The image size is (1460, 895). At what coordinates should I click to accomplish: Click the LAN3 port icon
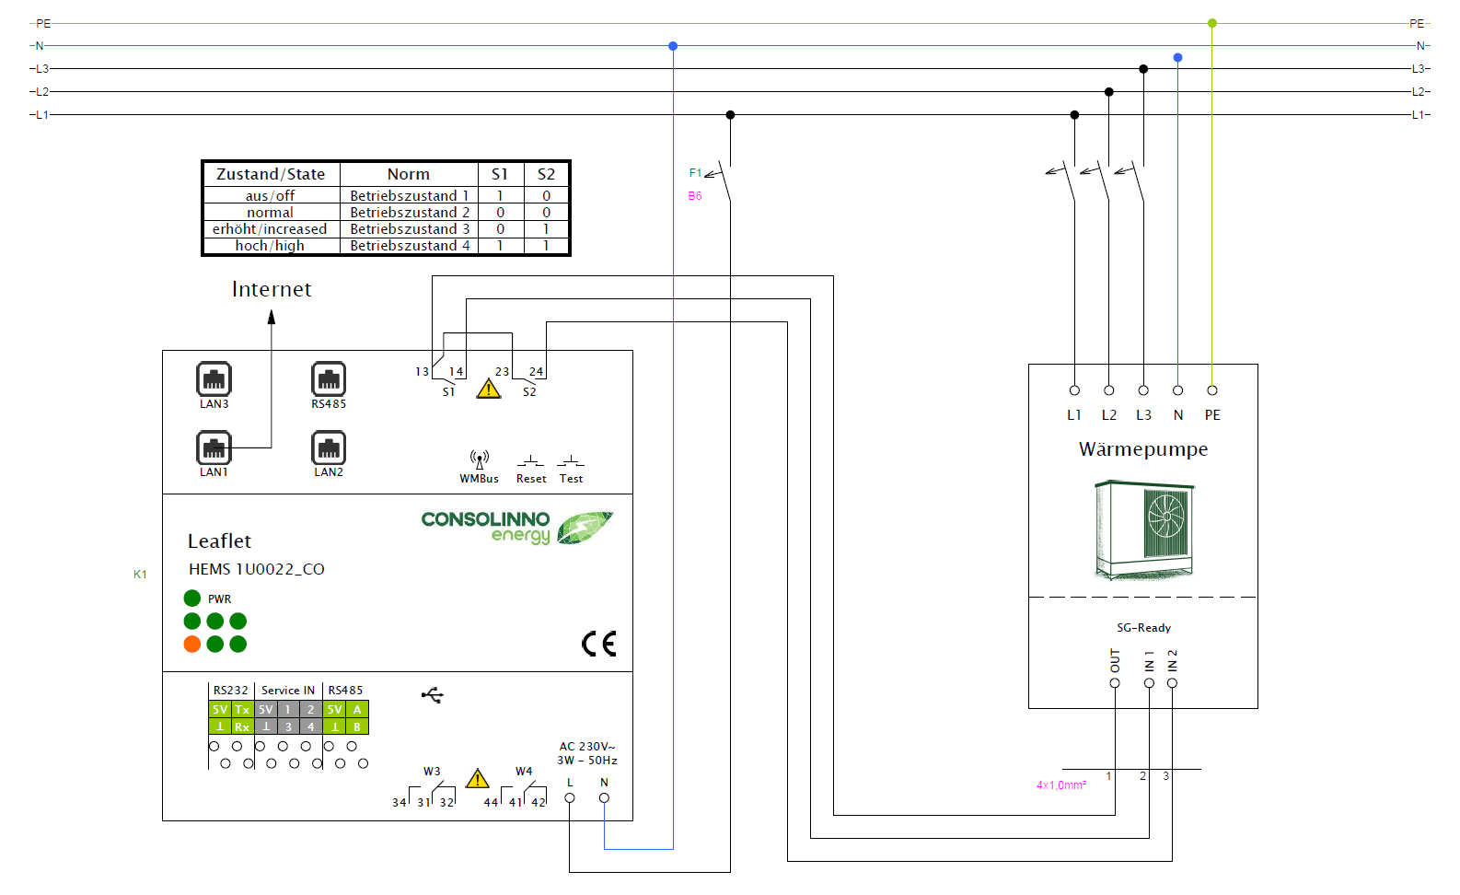[x=214, y=378]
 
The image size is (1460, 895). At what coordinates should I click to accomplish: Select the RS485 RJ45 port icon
[x=329, y=378]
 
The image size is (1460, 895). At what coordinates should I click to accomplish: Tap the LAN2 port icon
[x=329, y=447]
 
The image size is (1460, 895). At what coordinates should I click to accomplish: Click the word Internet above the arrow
[x=272, y=289]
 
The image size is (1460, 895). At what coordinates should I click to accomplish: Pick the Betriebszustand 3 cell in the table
[x=410, y=229]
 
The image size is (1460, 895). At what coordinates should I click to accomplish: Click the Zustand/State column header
[x=271, y=174]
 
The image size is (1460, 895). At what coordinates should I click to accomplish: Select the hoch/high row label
[x=270, y=246]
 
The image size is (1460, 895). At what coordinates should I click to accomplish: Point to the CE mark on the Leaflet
[x=598, y=644]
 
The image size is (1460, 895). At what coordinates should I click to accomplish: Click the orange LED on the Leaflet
[x=192, y=644]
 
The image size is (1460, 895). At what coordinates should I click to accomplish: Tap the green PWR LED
[x=192, y=599]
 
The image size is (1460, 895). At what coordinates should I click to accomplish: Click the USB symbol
[x=433, y=694]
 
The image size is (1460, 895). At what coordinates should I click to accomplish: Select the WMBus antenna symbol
[x=479, y=459]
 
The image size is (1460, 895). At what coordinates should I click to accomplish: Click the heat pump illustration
[x=1144, y=529]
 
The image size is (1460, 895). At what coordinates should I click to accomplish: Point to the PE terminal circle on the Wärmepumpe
[x=1212, y=390]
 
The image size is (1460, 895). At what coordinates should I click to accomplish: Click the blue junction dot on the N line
[x=673, y=46]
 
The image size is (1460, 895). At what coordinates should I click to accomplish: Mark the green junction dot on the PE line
[x=1212, y=23]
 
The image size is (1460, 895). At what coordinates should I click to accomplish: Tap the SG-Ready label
[x=1143, y=628]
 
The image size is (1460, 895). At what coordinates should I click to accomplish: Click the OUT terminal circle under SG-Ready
[x=1115, y=683]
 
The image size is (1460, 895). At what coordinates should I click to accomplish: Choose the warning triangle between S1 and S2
[x=489, y=389]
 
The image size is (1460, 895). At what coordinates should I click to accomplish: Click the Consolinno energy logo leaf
[x=584, y=527]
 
